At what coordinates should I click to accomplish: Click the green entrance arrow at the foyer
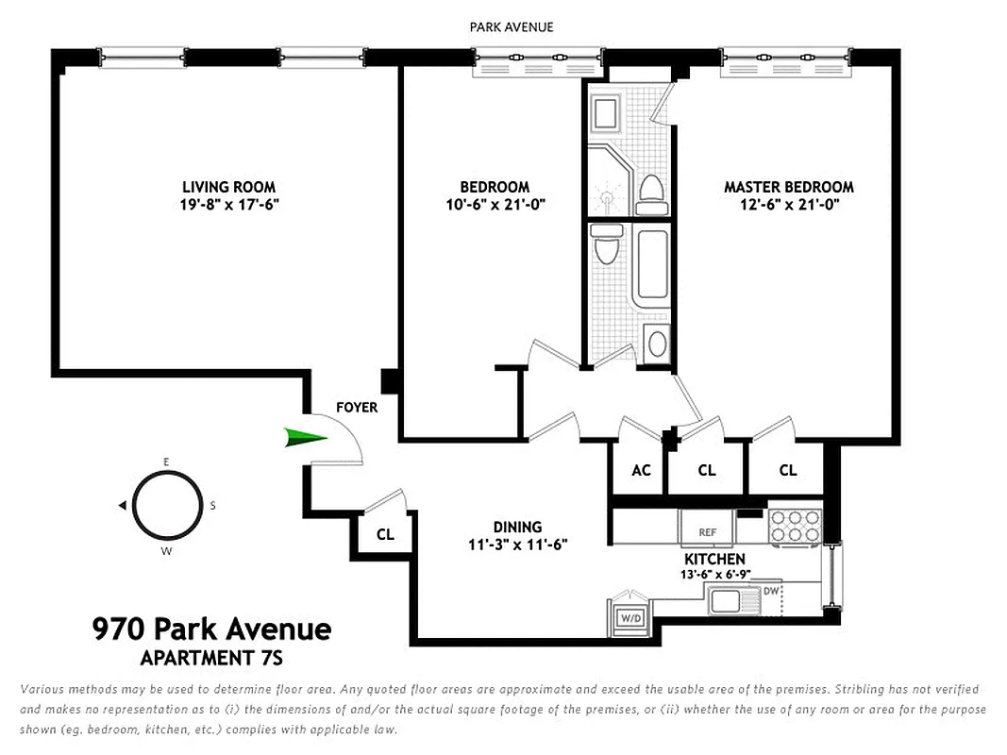(304, 437)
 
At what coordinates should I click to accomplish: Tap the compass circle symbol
(167, 505)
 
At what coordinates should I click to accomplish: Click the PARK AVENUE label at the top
(512, 27)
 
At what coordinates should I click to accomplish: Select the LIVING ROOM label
(229, 187)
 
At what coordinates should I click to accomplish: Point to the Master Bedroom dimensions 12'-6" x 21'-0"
(789, 204)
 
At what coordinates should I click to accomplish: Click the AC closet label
(641, 471)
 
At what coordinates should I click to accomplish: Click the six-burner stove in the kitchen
(795, 527)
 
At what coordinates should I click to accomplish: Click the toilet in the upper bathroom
(651, 193)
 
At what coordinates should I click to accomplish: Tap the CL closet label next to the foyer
(385, 534)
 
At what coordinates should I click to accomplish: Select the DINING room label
(517, 527)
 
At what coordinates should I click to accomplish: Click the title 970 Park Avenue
(211, 629)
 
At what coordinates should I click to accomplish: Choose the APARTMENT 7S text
(211, 658)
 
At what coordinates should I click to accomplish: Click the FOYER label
(357, 408)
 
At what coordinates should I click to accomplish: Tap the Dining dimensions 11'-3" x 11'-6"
(517, 544)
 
